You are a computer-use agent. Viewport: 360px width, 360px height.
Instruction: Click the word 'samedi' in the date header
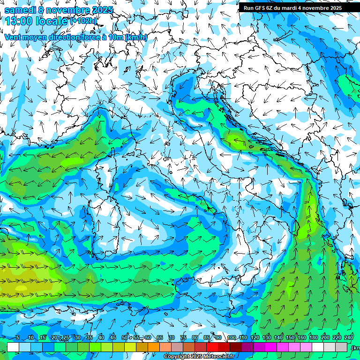point(20,10)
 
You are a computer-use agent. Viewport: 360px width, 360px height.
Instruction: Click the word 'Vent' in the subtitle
point(14,37)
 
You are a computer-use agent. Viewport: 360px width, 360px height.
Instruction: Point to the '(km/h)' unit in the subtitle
point(136,37)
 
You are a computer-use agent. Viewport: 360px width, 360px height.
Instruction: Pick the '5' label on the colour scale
point(18,338)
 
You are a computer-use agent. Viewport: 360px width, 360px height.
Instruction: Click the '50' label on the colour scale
point(125,338)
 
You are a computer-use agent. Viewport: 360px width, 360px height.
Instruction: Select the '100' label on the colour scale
point(232,338)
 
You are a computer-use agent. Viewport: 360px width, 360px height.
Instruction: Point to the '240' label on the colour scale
point(349,338)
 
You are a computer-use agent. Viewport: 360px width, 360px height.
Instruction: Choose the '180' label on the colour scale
point(314,338)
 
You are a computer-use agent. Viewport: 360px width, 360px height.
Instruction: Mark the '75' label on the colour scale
point(183,338)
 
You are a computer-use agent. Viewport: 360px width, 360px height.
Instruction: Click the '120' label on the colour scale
point(255,338)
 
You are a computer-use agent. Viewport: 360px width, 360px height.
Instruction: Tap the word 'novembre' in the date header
point(68,10)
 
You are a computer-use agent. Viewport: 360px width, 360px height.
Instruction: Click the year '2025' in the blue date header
point(103,10)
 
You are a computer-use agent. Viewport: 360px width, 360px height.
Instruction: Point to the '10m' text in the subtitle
point(115,37)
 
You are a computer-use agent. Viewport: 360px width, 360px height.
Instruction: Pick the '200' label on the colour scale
point(325,338)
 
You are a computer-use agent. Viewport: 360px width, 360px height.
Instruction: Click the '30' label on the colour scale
point(78,338)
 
